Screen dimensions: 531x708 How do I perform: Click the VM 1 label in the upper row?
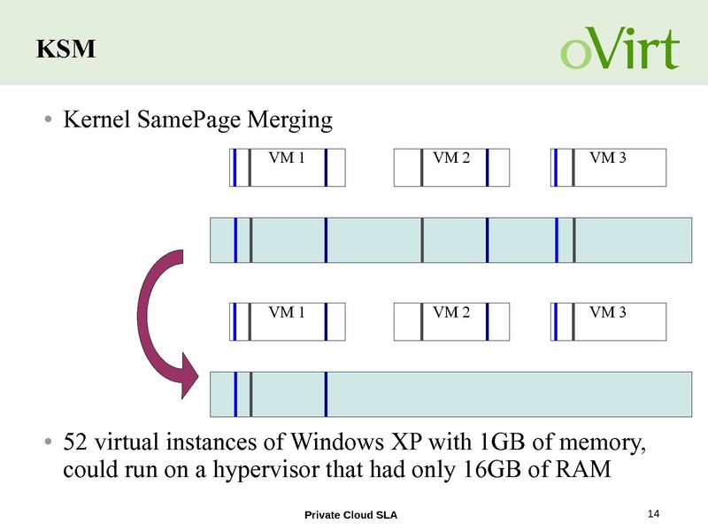pos(287,158)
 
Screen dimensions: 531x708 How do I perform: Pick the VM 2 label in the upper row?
pos(451,158)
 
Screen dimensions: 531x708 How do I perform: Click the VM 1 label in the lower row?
pos(287,312)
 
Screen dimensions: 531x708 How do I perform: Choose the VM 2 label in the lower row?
pos(451,312)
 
